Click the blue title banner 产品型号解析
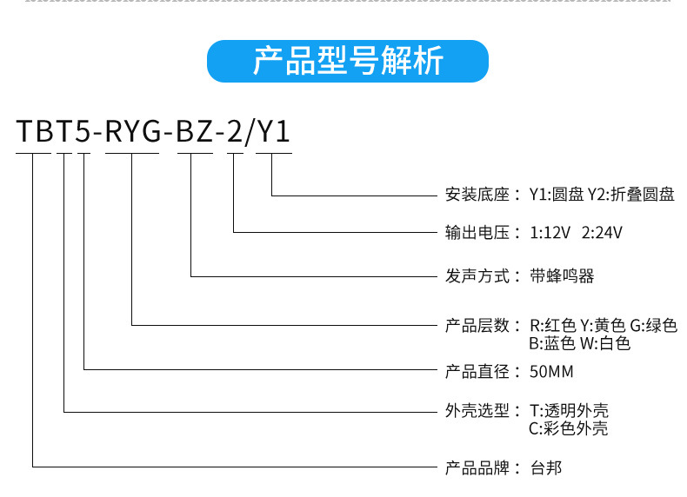point(348,62)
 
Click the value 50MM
point(551,372)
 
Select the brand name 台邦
point(546,468)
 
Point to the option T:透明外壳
point(569,411)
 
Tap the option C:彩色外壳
point(569,428)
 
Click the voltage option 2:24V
point(602,233)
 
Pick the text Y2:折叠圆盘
point(631,194)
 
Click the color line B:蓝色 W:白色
point(579,343)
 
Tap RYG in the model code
point(131,132)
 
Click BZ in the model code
point(195,132)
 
